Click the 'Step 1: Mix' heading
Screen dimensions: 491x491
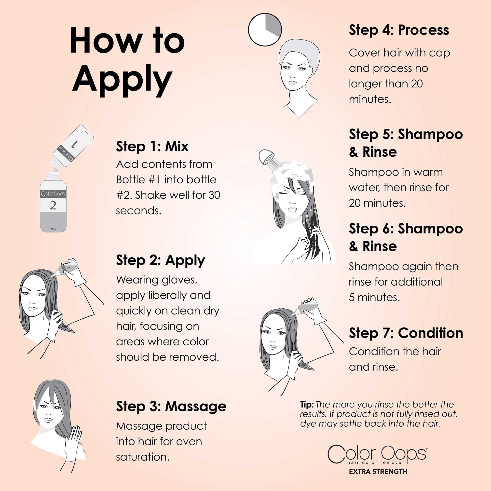[152, 146]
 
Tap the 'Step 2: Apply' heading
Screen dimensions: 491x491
[160, 260]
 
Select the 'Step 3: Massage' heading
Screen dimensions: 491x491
[171, 407]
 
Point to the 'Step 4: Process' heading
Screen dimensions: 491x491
[399, 30]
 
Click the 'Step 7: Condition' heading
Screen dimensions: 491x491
[406, 333]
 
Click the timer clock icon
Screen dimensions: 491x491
[265, 30]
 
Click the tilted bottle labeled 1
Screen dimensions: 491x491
[73, 146]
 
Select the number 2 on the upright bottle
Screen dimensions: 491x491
[53, 205]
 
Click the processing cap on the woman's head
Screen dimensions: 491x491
[299, 52]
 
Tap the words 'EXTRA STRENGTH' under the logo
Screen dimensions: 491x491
[378, 471]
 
